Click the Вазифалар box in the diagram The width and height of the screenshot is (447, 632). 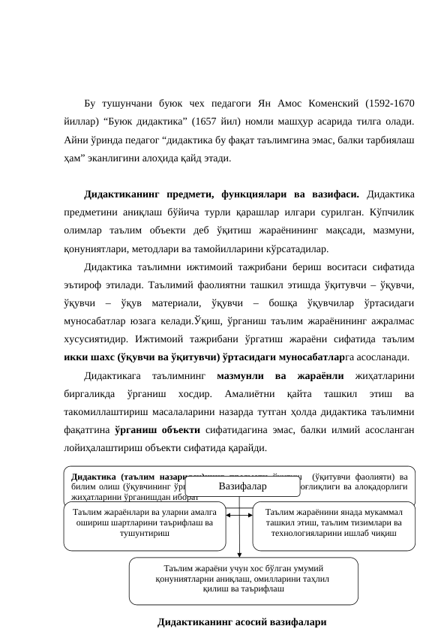[238, 486]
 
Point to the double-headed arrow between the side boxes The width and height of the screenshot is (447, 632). [239, 514]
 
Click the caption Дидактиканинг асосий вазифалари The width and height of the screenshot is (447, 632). [242, 622]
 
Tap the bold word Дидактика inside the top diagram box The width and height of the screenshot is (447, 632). [94, 475]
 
